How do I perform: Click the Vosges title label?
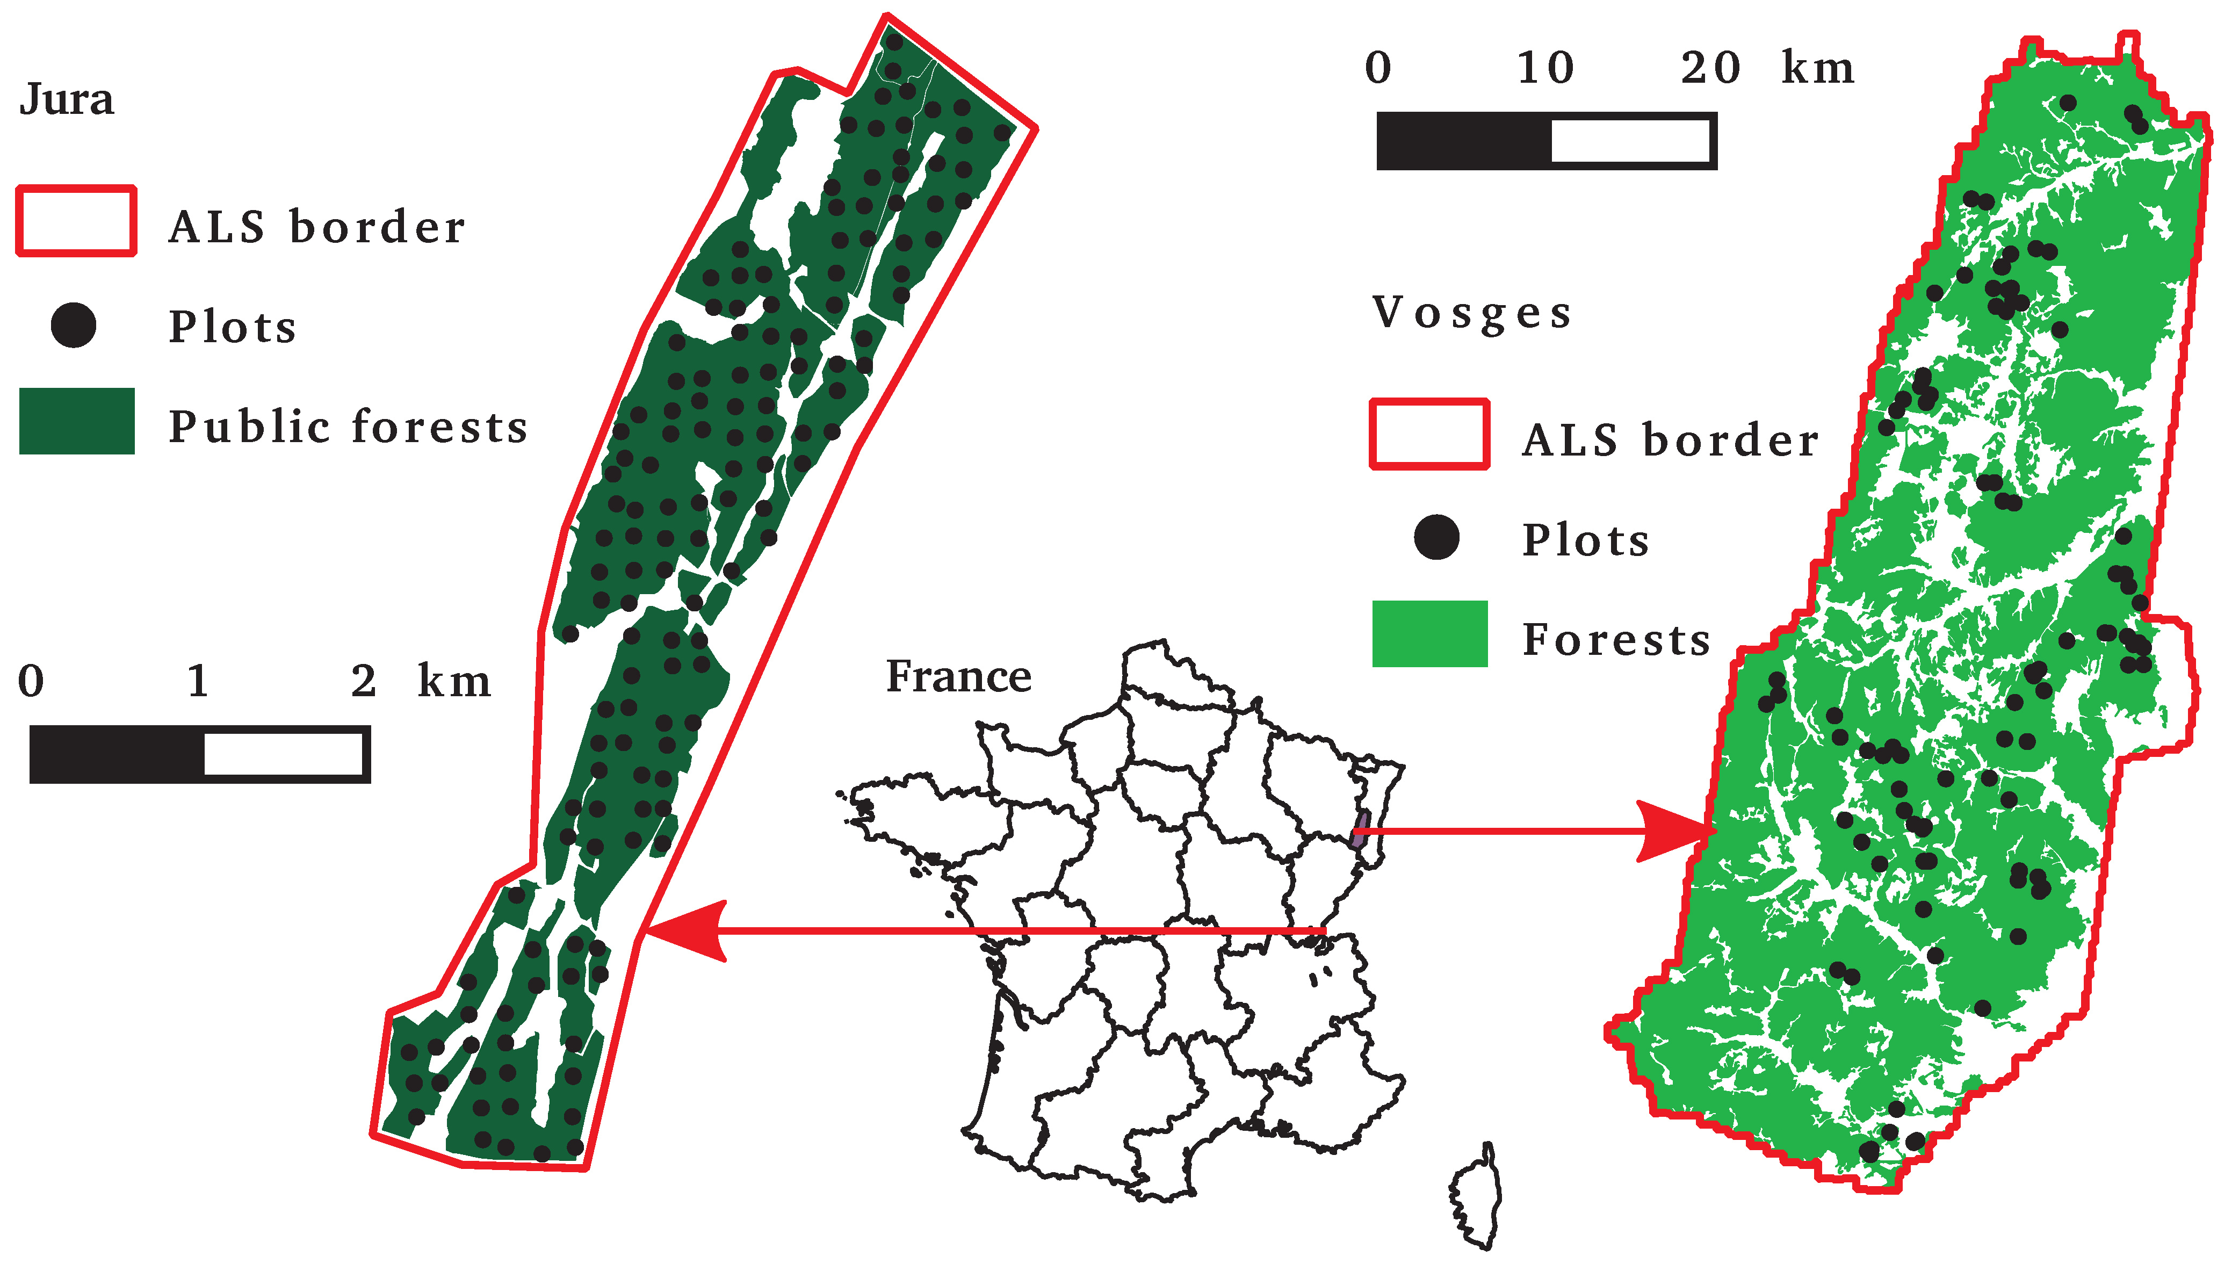pyautogui.click(x=1472, y=313)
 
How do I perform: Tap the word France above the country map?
pyautogui.click(x=958, y=676)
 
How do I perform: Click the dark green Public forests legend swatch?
pyautogui.click(x=77, y=421)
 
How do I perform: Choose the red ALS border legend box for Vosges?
pyautogui.click(x=1429, y=435)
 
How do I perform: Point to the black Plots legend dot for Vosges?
pyautogui.click(x=1436, y=537)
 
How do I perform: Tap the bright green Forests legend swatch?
pyautogui.click(x=1429, y=634)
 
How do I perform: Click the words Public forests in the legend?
pyautogui.click(x=348, y=427)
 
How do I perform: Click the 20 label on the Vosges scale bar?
pyautogui.click(x=1710, y=68)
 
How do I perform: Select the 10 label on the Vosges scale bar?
pyautogui.click(x=1545, y=68)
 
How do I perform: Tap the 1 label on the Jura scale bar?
pyautogui.click(x=198, y=681)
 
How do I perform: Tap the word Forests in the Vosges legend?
pyautogui.click(x=1616, y=640)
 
